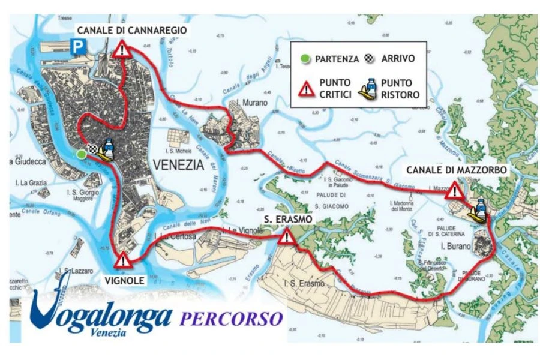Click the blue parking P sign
(77, 45)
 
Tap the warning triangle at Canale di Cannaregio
(122, 50)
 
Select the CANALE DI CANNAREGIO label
(131, 29)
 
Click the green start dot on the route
(81, 155)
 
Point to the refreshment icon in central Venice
(107, 149)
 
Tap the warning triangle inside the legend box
(307, 89)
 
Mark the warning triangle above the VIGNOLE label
(123, 261)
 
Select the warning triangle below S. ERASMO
(287, 238)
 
